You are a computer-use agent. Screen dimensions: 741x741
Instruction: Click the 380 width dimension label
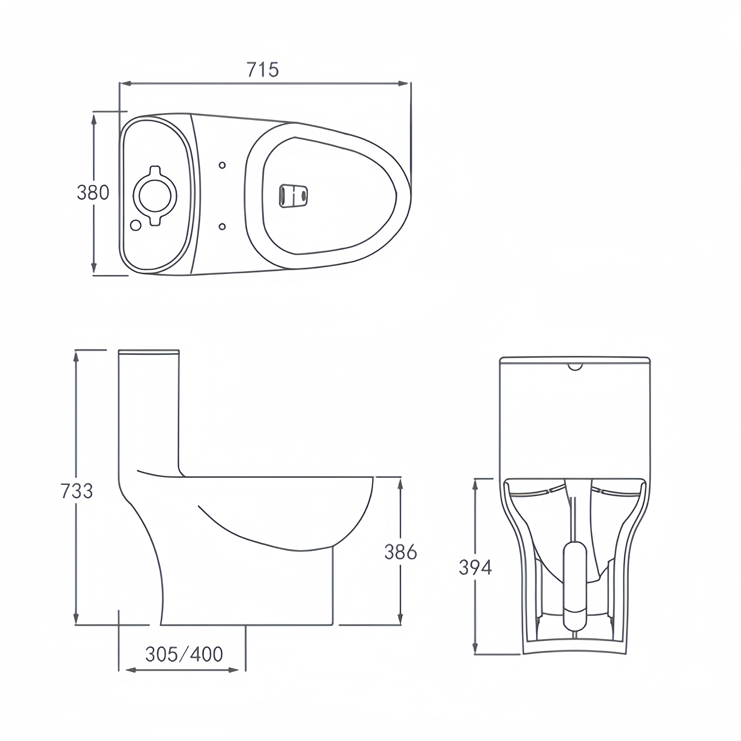coord(93,192)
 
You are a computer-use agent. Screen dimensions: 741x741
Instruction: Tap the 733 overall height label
coord(77,491)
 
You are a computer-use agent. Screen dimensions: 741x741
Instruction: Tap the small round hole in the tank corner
coord(135,225)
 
